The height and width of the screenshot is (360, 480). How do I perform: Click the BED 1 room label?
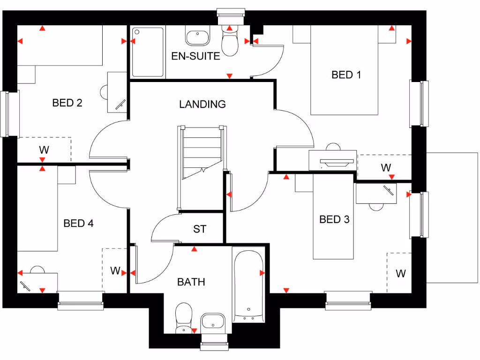point(346,75)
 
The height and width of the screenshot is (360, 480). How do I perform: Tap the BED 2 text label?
point(67,103)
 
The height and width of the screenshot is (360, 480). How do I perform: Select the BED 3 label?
point(334,219)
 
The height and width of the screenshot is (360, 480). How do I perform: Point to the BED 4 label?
point(78,224)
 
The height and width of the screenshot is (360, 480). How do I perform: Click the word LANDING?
point(202,104)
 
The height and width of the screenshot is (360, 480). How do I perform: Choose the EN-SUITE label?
point(195,56)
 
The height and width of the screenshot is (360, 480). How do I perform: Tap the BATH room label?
point(191,282)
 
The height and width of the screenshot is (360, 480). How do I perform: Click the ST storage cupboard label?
point(200,229)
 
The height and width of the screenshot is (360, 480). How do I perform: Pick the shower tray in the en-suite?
point(148,52)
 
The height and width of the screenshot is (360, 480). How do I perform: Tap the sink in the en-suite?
point(197,37)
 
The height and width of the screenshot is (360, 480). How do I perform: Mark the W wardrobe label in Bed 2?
point(44,150)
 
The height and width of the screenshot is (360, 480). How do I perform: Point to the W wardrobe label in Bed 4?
point(115,270)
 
